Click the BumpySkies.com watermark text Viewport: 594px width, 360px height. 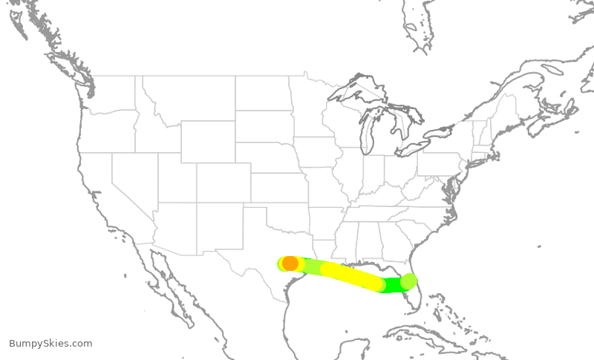tap(50, 343)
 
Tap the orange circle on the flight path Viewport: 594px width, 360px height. tap(290, 263)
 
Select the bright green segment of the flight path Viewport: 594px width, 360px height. tap(392, 285)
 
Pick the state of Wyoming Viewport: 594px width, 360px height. tap(208, 141)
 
